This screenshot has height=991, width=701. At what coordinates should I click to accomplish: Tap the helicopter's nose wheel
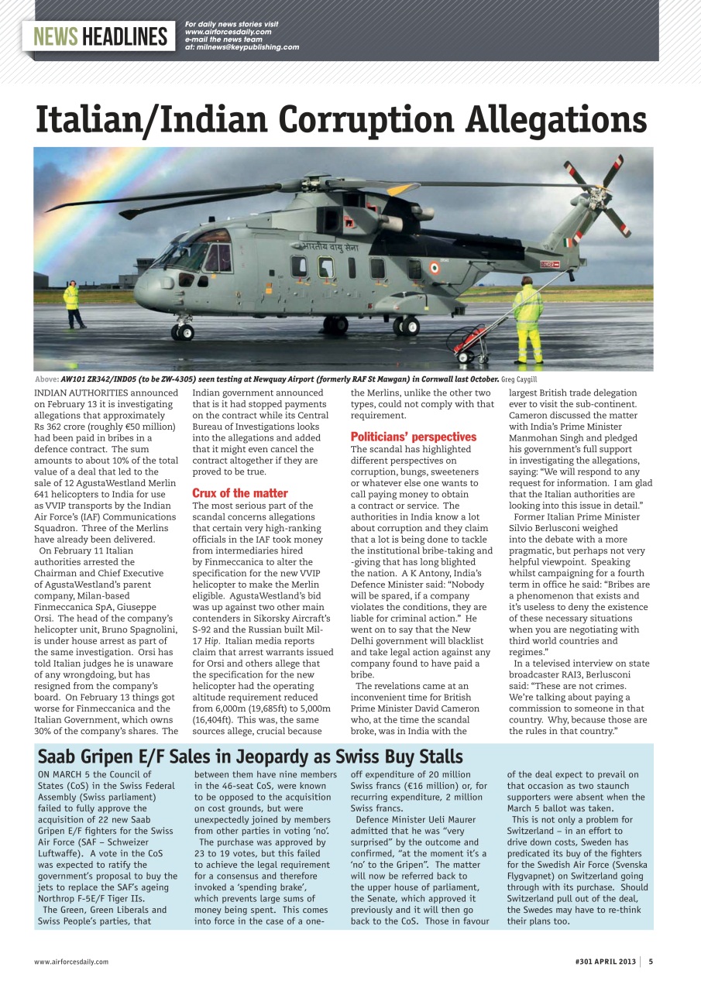(x=183, y=331)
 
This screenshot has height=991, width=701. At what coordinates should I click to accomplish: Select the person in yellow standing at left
(x=71, y=303)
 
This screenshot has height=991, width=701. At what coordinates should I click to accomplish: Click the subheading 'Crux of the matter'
(x=239, y=493)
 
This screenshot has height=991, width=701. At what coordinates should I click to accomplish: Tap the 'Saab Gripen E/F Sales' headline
(x=250, y=756)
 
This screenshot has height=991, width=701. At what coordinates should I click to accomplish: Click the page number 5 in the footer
(x=651, y=962)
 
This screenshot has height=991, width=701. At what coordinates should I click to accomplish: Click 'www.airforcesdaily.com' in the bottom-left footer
(x=71, y=962)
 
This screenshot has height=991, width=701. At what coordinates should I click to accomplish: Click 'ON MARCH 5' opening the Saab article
(x=64, y=774)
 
